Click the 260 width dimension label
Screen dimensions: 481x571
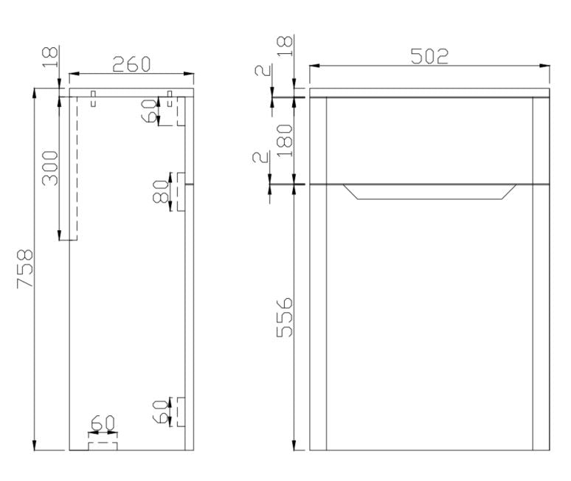131,64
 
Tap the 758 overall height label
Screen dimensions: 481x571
25,269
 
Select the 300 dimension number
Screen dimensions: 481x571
49,168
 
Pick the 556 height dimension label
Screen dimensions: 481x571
285,317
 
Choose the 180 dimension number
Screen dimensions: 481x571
285,139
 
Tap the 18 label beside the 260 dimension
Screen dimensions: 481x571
49,56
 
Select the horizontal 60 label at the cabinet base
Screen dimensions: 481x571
103,423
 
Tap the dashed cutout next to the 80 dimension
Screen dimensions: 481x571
180,192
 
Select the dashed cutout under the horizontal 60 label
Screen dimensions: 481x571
103,445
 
